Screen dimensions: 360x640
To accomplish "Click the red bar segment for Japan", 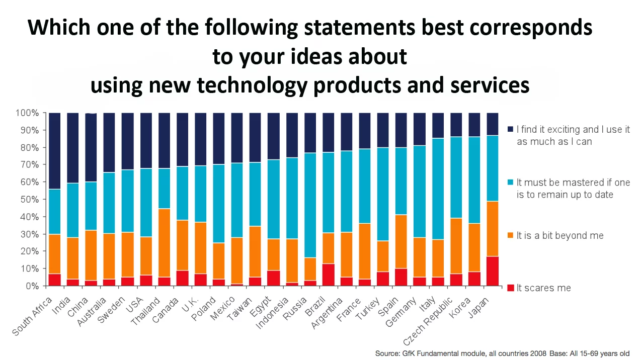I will click(493, 271).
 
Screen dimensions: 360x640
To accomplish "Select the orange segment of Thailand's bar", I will click(165, 243).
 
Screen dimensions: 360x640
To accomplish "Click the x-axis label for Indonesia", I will click(273, 312).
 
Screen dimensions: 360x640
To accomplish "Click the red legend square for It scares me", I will click(510, 288).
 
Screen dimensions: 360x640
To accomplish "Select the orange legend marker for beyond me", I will click(510, 235).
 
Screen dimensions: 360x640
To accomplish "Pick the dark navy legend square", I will click(510, 130).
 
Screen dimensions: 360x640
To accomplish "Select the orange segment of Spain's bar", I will click(401, 241).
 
